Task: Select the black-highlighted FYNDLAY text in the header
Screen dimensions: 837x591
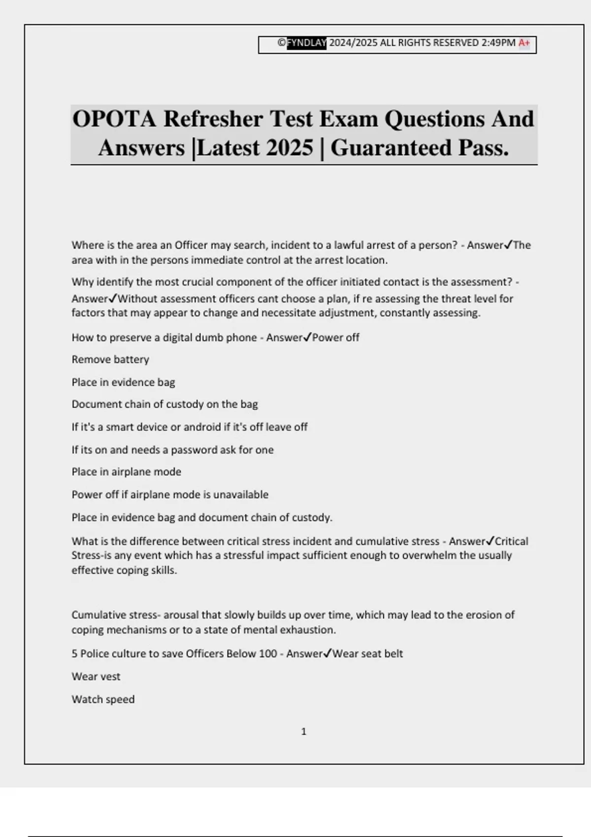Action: [x=306, y=43]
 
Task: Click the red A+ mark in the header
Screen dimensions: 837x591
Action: [x=524, y=43]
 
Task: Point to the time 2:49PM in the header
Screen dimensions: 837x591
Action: [x=498, y=43]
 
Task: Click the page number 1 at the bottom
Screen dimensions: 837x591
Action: [x=303, y=732]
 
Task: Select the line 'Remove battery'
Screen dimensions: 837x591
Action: [x=110, y=359]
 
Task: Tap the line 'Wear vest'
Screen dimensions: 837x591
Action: [x=96, y=676]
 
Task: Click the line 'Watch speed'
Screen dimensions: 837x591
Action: [x=103, y=699]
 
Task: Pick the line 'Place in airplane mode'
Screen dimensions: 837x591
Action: [x=126, y=472]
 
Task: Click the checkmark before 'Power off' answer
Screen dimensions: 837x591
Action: [x=307, y=337]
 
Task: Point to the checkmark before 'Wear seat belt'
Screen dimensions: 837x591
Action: [x=327, y=653]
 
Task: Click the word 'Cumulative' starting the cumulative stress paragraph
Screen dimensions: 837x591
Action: [x=99, y=615]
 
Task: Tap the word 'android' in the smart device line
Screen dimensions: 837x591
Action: [x=202, y=427]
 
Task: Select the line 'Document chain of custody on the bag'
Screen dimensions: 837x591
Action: [x=164, y=404]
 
